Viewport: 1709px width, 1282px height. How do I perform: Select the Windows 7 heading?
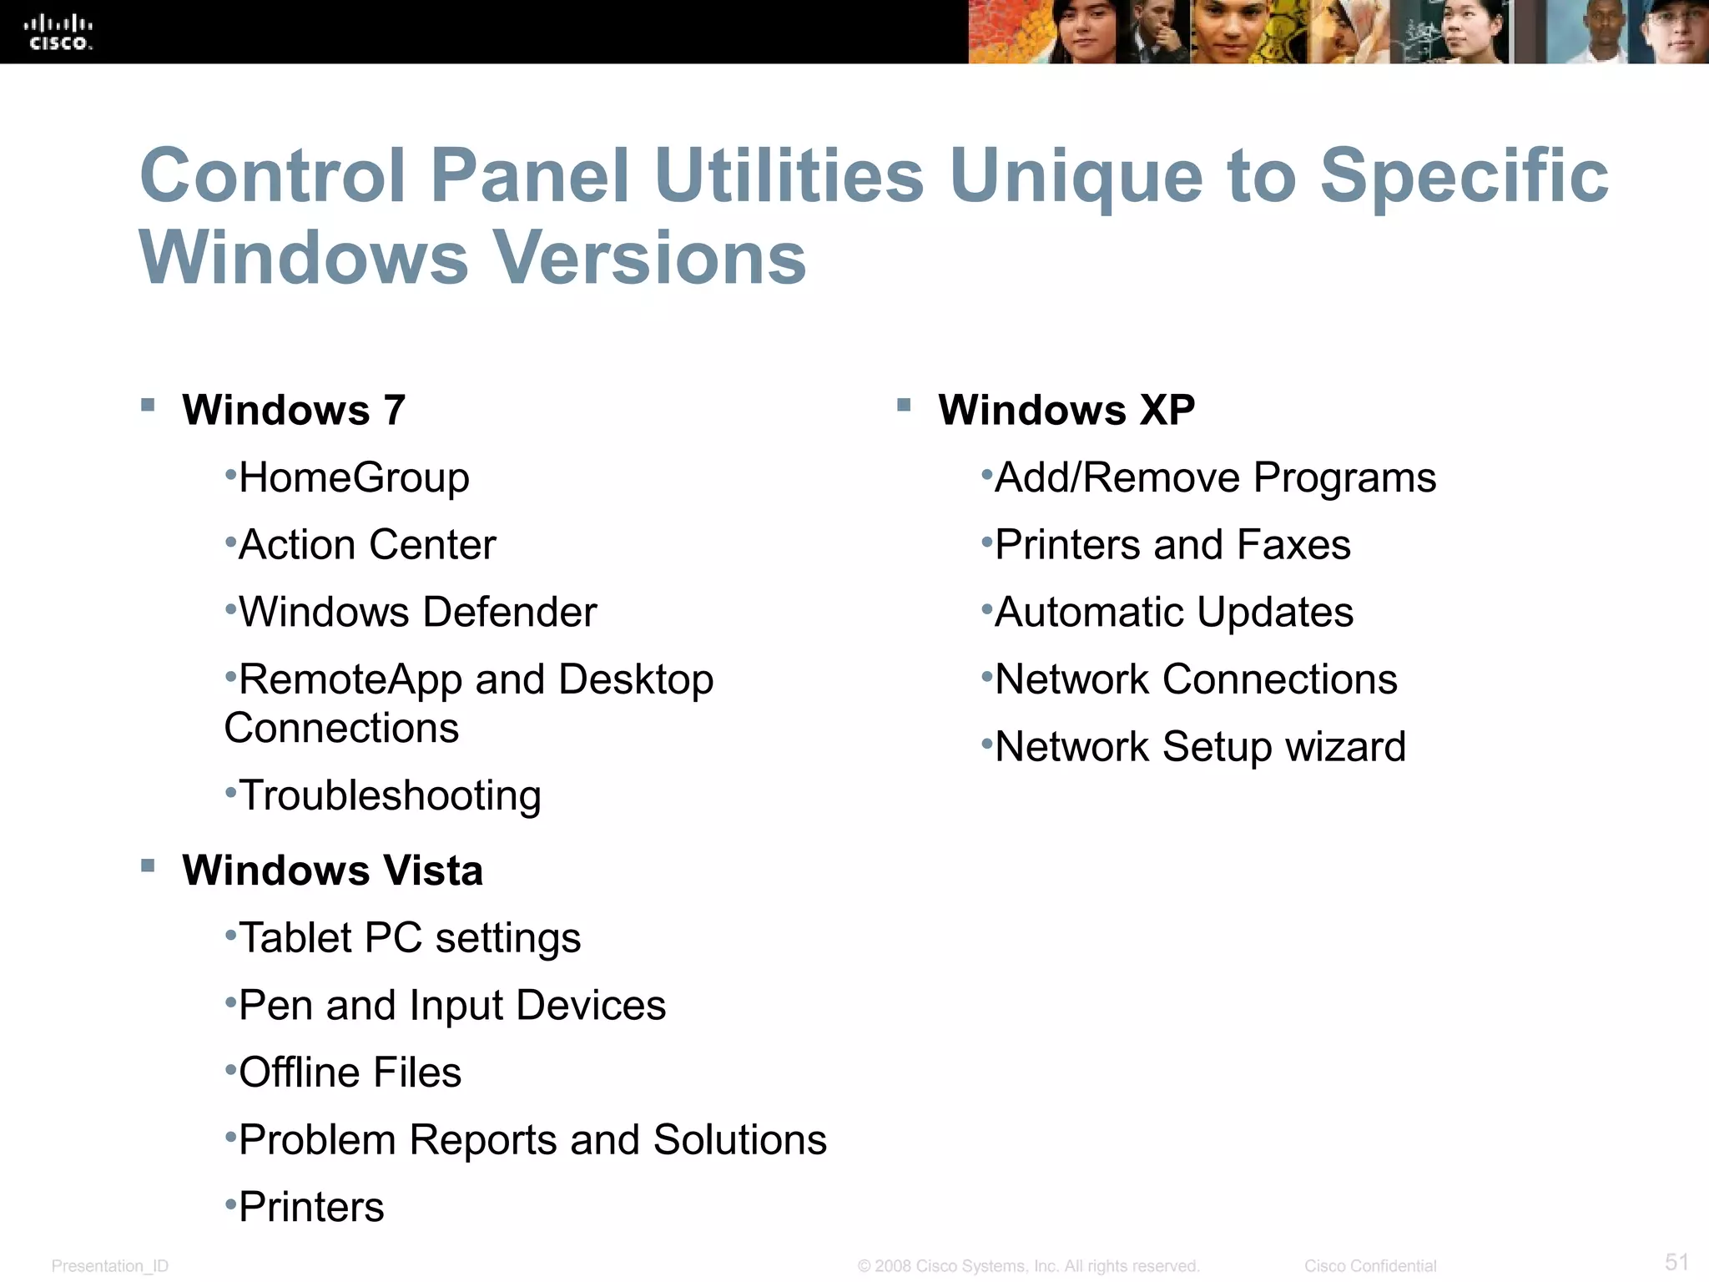[294, 410]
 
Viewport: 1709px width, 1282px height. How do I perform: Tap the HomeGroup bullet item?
[354, 478]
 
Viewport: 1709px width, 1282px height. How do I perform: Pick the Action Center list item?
[367, 545]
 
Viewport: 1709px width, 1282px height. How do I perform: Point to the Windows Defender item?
[417, 613]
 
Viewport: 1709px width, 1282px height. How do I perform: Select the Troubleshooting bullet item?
[390, 795]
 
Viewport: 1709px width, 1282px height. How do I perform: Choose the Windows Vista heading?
[332, 871]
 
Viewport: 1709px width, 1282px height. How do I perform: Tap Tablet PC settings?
[409, 938]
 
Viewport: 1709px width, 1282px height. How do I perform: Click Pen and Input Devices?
[452, 1005]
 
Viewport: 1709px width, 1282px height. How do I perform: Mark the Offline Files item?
[350, 1073]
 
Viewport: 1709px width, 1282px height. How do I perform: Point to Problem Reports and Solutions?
[532, 1140]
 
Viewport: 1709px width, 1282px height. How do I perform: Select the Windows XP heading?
[1066, 410]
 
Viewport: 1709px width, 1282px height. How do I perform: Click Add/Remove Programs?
[1215, 478]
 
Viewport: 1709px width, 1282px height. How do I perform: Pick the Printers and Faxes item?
[1172, 545]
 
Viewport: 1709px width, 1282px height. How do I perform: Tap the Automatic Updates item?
[1174, 613]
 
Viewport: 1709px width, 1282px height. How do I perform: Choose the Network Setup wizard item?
[1200, 747]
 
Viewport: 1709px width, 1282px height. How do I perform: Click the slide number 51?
[1676, 1261]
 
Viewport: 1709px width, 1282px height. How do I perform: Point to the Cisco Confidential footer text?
[1370, 1266]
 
